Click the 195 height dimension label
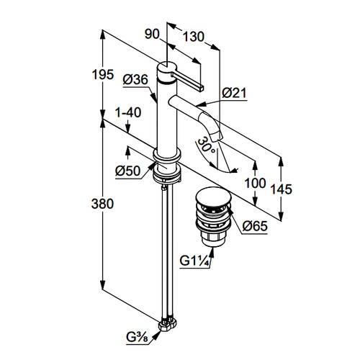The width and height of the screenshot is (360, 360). [x=103, y=75]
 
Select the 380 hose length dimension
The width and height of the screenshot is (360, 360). [x=102, y=204]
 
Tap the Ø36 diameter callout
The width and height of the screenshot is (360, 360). [x=135, y=79]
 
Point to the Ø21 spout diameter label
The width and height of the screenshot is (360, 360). [x=234, y=93]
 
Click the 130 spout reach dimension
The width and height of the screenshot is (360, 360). [x=194, y=37]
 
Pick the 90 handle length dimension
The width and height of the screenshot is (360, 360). [x=152, y=35]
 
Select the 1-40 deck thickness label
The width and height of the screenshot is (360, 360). [x=128, y=112]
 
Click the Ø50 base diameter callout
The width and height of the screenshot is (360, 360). [x=127, y=171]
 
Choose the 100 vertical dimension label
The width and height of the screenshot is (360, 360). [x=255, y=184]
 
